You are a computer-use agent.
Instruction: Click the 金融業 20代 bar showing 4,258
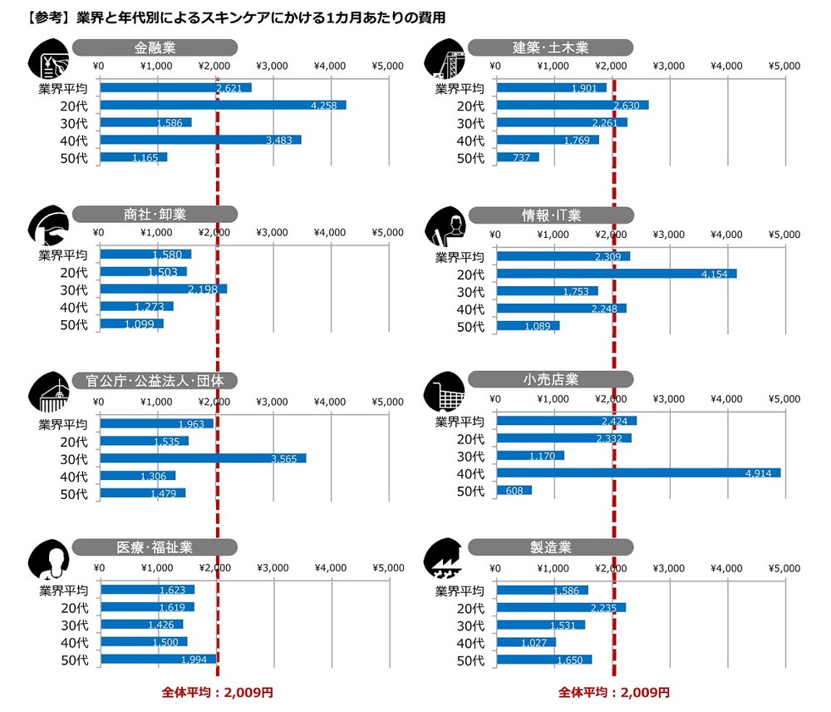222,105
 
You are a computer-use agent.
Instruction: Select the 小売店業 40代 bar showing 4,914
637,472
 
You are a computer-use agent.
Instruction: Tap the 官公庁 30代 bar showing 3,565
202,458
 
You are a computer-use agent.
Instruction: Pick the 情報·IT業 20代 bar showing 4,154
616,274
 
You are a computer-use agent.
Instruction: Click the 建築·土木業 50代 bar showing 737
517,157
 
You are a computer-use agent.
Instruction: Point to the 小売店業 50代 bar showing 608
514,490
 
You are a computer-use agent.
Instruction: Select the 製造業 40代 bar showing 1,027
525,642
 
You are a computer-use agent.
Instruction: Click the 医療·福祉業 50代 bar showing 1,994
157,659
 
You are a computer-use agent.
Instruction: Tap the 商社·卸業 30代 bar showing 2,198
162,289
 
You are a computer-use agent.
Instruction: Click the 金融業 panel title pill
155,48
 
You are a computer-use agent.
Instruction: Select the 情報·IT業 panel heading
551,215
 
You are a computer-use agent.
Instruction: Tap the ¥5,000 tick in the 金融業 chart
388,66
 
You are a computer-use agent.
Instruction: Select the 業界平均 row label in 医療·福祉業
63,590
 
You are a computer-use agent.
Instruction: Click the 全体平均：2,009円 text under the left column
217,692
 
